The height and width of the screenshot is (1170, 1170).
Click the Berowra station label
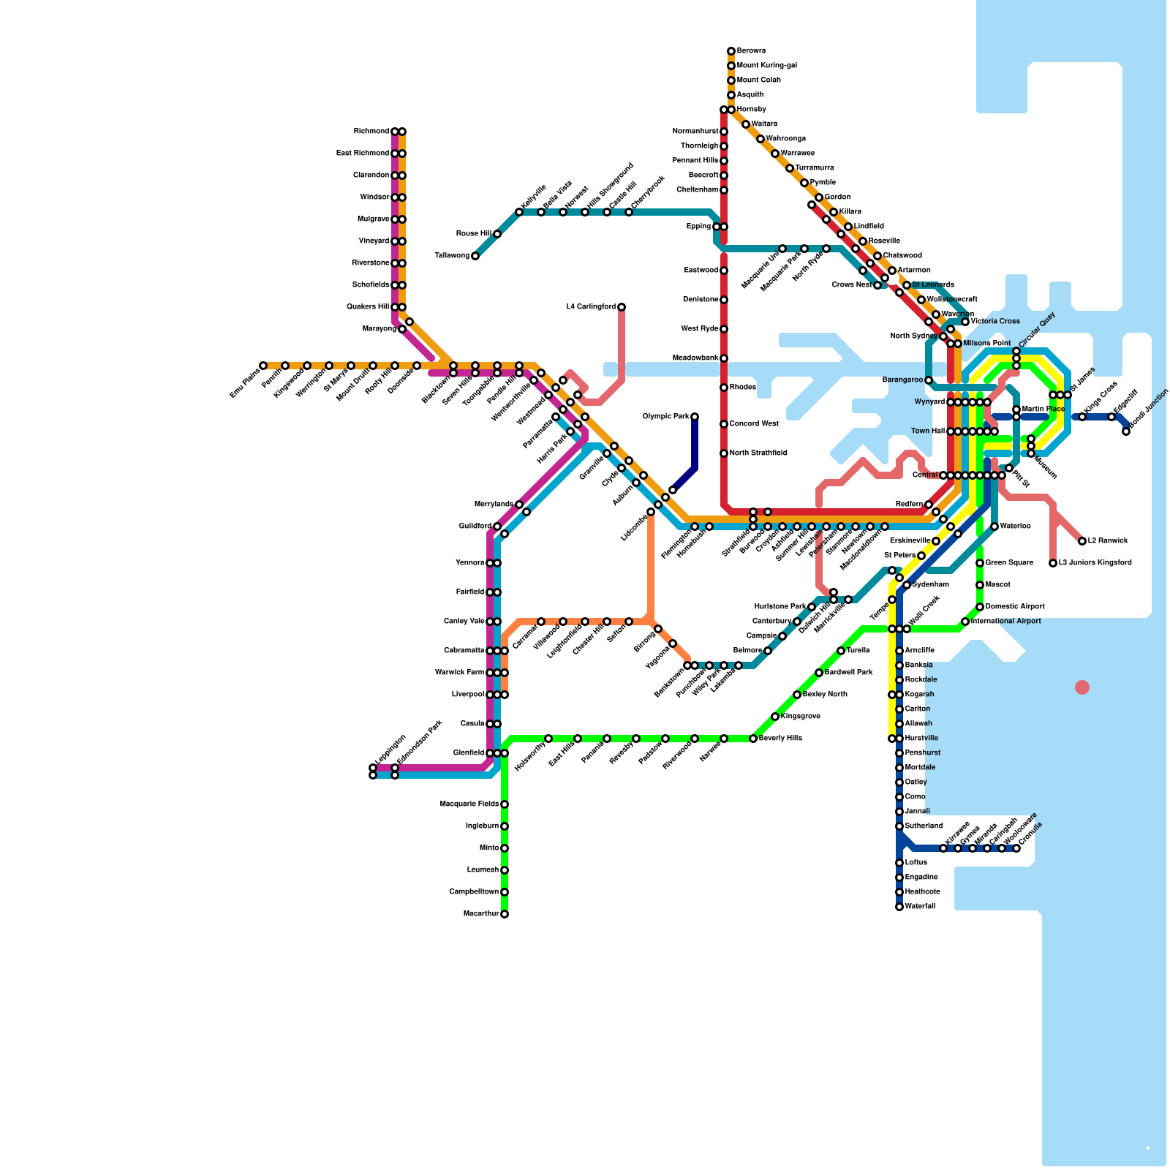coord(751,51)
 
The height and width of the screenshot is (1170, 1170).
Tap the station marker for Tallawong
coord(475,256)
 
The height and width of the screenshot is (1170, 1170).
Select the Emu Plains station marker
coord(263,366)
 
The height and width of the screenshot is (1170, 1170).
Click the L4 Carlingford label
coord(591,307)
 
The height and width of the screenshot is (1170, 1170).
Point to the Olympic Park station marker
coord(695,417)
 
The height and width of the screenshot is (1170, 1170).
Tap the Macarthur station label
coord(481,914)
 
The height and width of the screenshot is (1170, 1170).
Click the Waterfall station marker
coord(899,907)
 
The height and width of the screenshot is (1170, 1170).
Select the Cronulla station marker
coord(1016,848)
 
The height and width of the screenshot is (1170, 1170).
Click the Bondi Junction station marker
coord(1126,431)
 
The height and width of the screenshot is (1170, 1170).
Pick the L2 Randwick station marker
coord(1082,541)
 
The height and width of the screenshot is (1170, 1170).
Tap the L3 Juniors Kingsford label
coord(1095,563)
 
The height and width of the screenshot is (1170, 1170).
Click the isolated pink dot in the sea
coord(1082,687)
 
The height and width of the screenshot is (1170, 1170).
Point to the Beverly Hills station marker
coord(753,739)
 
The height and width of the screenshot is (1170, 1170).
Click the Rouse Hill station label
coord(473,234)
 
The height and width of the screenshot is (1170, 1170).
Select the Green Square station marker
coord(980,563)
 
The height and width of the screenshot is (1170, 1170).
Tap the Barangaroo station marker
coord(929,380)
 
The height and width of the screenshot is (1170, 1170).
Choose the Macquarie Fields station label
coord(469,804)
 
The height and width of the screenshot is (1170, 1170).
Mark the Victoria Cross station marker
coord(965,322)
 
